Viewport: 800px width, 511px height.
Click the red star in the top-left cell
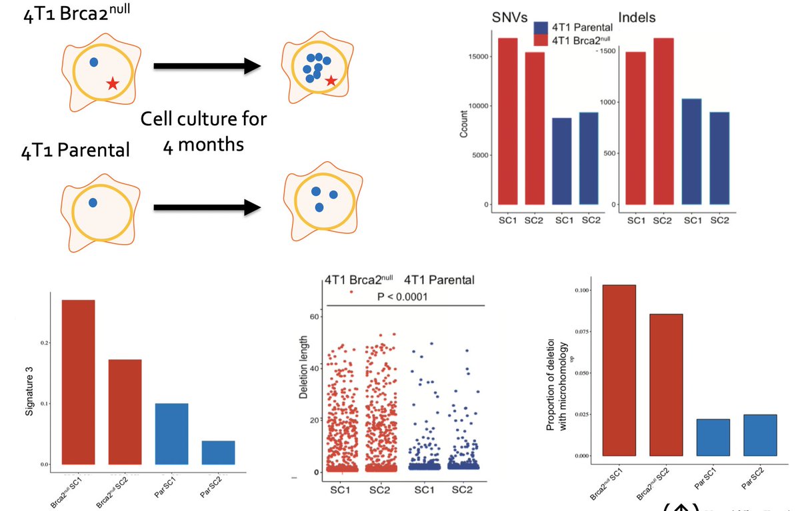pos(113,83)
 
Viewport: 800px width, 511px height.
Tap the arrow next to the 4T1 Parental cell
pos(206,208)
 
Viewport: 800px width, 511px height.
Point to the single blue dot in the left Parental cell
pos(93,202)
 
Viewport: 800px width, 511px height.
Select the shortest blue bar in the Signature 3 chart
pos(219,452)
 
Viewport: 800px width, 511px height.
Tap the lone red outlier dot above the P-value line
pos(351,292)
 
